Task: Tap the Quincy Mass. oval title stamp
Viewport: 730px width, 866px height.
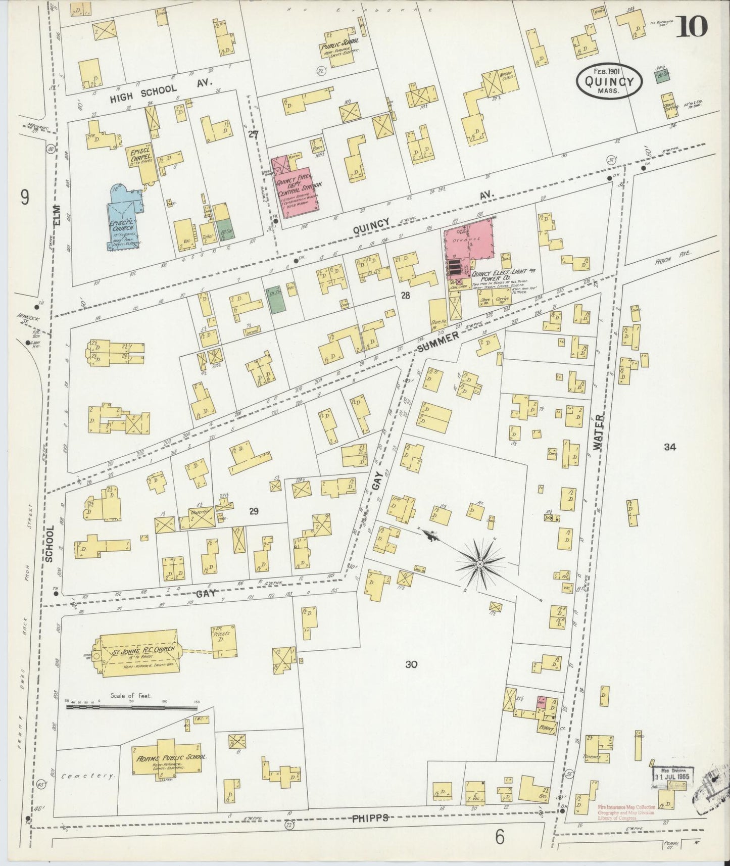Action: click(610, 80)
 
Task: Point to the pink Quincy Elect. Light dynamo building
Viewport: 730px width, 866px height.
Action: click(468, 243)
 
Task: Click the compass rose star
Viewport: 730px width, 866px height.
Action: click(479, 563)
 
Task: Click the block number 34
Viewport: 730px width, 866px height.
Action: click(670, 447)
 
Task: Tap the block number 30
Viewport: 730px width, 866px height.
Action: click(411, 664)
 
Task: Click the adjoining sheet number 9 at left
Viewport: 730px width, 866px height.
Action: click(24, 198)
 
